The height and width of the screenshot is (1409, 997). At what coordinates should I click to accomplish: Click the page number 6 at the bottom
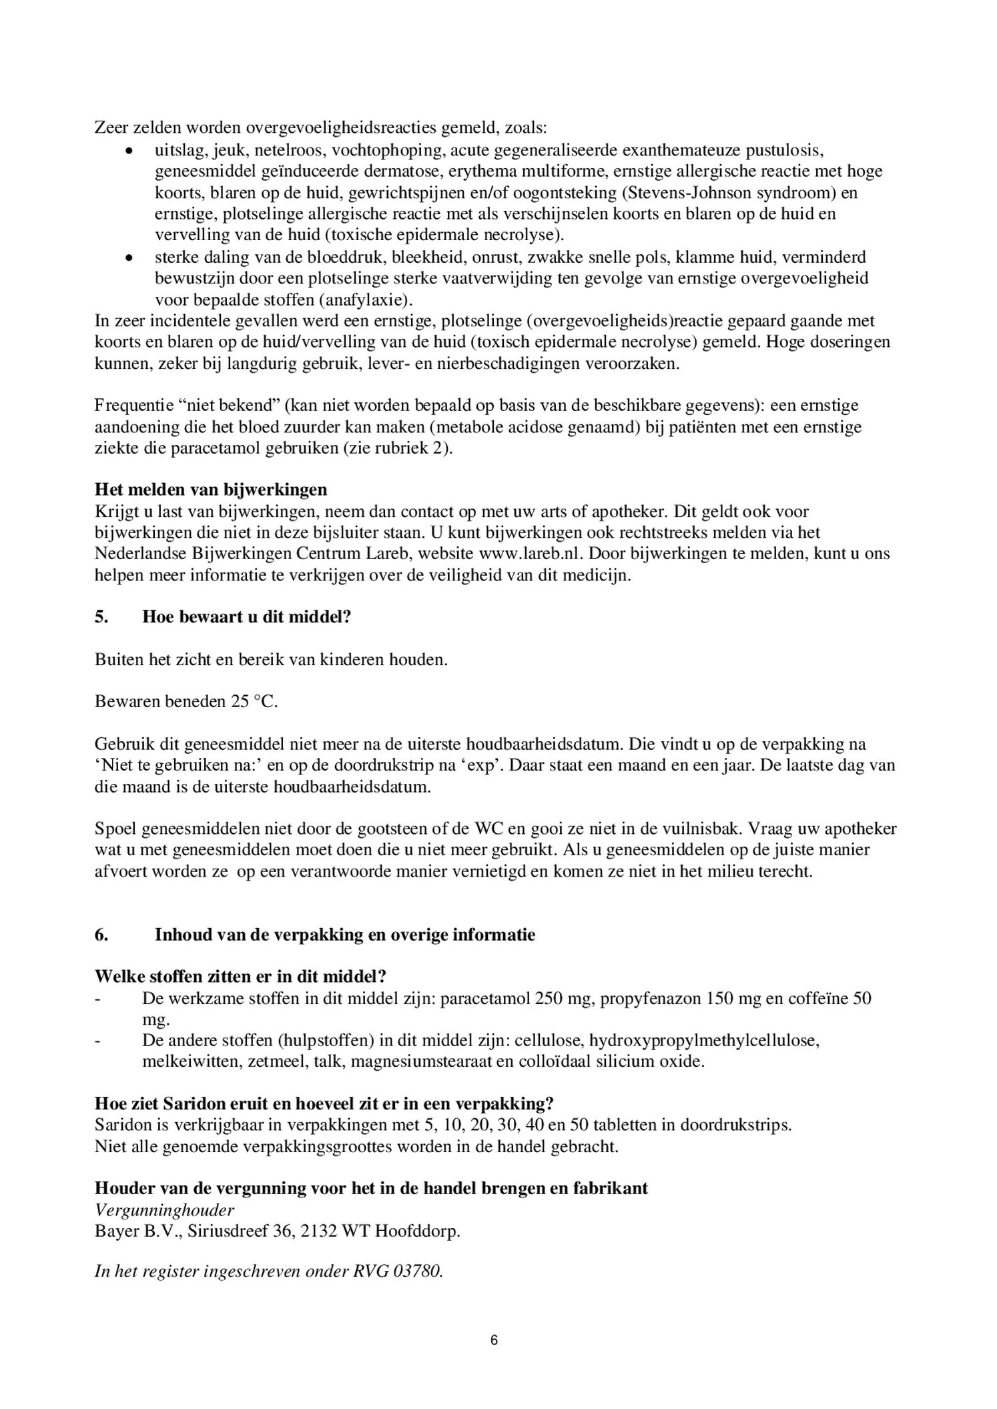coord(494,1340)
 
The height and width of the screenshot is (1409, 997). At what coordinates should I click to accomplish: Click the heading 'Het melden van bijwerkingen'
coord(211,490)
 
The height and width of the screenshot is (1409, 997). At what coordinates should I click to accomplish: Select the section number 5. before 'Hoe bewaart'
coord(101,616)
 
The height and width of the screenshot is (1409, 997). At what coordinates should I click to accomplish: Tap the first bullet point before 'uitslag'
coord(129,150)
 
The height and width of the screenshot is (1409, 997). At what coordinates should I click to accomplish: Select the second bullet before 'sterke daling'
coord(129,257)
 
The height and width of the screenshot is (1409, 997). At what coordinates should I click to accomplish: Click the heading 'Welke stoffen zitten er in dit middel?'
coord(240,976)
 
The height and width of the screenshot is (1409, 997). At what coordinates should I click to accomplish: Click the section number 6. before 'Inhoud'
coord(101,934)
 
